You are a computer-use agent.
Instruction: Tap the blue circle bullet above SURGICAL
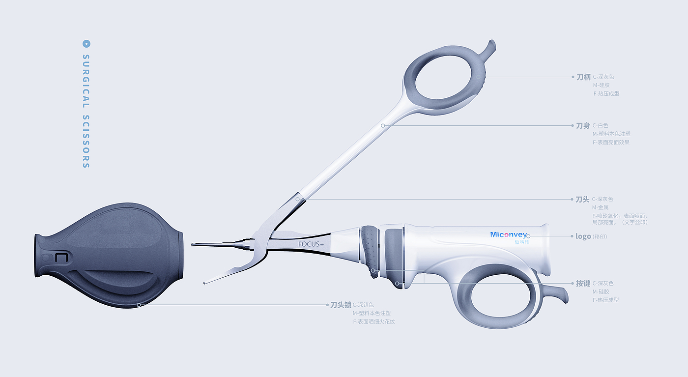[x=86, y=44]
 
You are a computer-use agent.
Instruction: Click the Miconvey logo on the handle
[x=508, y=234]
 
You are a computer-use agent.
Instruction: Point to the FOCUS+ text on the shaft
[x=311, y=244]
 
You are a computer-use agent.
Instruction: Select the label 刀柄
[x=583, y=77]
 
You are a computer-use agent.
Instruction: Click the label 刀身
[x=583, y=126]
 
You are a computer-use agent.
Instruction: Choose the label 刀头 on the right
[x=582, y=200]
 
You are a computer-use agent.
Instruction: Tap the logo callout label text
[x=583, y=236]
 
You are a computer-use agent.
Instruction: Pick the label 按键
[x=583, y=284]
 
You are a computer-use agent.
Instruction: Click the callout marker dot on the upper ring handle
[x=478, y=77]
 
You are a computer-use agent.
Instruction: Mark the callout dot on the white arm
[x=383, y=126]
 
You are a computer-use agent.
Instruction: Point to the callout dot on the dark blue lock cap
[x=139, y=305]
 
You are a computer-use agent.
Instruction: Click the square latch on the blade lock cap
[x=61, y=258]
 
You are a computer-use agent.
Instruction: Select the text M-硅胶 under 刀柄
[x=601, y=86]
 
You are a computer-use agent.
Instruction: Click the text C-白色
[x=600, y=126]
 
